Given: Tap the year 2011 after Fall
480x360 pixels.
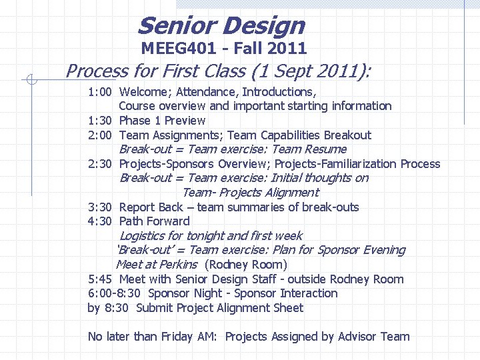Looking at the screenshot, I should click(x=287, y=48).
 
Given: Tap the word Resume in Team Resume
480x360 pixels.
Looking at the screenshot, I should click(x=325, y=149).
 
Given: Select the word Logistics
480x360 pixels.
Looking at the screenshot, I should click(x=142, y=236).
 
